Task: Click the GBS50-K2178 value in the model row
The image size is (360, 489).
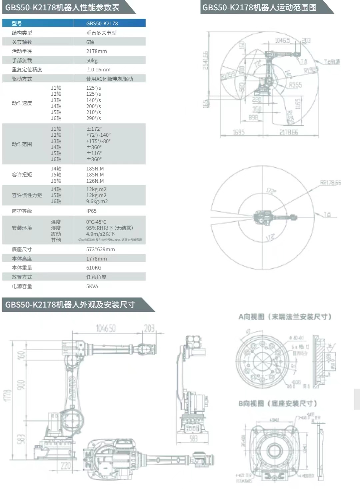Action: [102, 23]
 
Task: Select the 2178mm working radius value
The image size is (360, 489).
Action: [96, 51]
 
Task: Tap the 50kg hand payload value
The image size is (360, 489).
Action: [92, 60]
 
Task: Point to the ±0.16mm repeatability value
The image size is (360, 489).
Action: [98, 69]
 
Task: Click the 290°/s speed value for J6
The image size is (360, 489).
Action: [93, 118]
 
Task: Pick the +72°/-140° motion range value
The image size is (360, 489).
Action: [98, 135]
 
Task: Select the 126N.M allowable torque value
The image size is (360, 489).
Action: [95, 181]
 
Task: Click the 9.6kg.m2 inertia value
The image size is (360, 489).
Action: [97, 201]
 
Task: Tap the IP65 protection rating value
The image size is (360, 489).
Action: [91, 211]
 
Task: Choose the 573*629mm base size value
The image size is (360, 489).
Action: [100, 249]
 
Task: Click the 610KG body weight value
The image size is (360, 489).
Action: [94, 268]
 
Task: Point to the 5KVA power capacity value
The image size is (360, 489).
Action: [92, 286]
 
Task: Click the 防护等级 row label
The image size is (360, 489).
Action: [22, 211]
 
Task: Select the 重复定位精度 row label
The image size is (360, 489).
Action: [27, 69]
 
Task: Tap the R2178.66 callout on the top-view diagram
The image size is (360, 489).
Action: [330, 182]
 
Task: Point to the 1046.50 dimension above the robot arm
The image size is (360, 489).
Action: [106, 328]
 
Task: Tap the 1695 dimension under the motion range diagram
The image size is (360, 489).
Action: [238, 132]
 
